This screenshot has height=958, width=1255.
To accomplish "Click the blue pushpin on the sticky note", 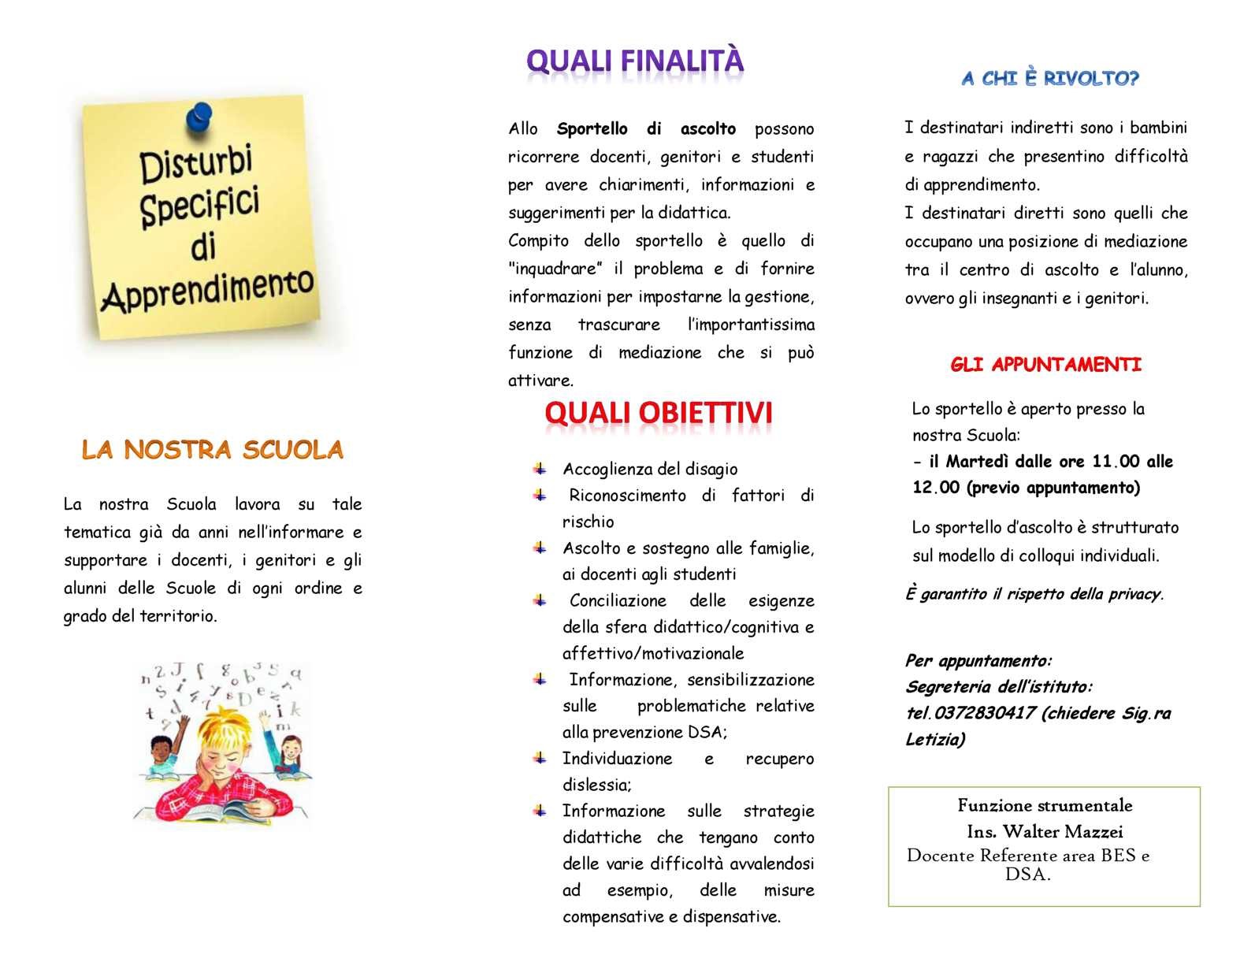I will (199, 117).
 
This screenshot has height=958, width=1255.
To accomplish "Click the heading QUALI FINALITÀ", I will (634, 61).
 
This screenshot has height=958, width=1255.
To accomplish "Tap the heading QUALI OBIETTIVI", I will (658, 413).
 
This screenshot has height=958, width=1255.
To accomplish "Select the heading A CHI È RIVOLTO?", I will (1050, 78).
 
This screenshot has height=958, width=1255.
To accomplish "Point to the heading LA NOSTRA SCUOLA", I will (213, 450).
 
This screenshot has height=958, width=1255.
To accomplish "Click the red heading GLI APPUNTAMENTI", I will (1045, 365).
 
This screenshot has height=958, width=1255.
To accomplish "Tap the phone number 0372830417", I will (982, 713).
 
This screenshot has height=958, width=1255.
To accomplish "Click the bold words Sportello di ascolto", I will (646, 128).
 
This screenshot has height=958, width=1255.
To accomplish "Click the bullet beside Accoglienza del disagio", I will (540, 469).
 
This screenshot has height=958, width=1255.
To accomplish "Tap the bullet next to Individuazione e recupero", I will (540, 758).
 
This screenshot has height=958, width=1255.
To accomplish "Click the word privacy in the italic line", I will (1133, 594).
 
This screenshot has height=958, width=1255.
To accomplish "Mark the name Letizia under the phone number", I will (934, 739).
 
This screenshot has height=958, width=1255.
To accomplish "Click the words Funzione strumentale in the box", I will (1045, 805).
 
